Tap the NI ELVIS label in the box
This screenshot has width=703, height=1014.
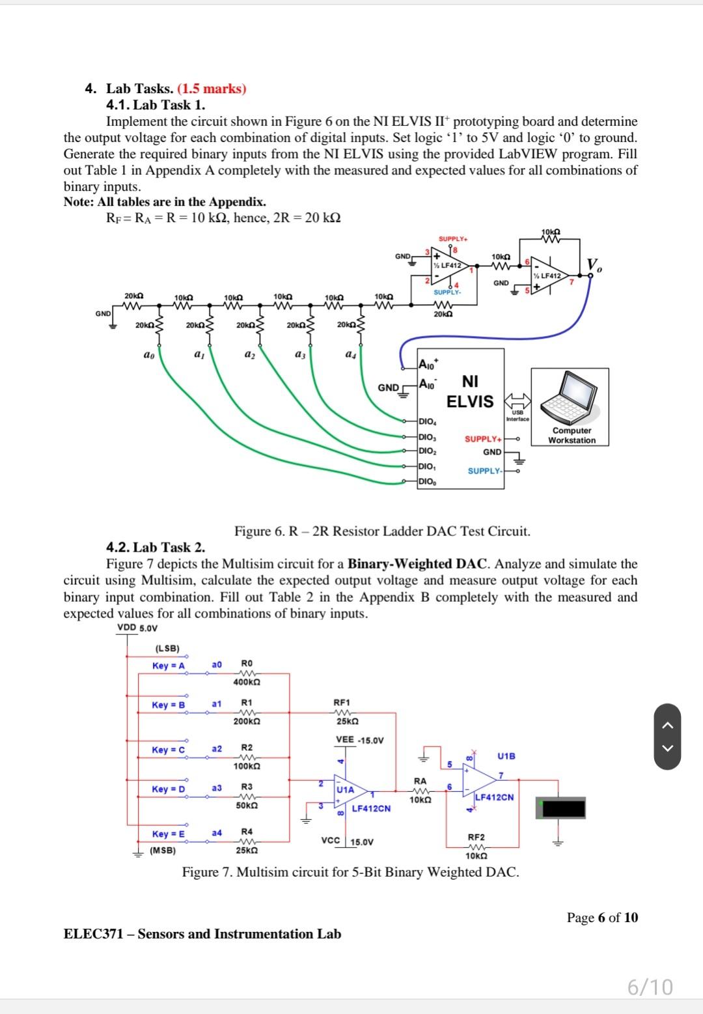(470, 391)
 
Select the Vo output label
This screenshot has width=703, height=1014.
(594, 265)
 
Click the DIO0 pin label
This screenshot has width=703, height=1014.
(427, 482)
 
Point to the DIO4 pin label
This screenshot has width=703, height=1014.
(427, 421)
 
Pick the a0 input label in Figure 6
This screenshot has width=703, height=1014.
(148, 355)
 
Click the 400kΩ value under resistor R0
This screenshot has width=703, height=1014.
(247, 682)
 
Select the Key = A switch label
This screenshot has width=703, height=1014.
(169, 666)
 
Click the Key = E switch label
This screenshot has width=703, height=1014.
(168, 834)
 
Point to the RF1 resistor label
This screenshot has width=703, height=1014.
(342, 703)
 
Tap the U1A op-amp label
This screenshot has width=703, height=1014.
(345, 789)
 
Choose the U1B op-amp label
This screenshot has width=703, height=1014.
(506, 756)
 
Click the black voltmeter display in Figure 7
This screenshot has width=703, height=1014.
(564, 808)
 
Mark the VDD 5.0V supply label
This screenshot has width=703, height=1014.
(137, 628)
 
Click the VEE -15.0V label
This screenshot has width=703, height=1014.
(359, 740)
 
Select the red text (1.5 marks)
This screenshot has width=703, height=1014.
(212, 89)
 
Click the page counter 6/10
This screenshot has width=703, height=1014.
(650, 987)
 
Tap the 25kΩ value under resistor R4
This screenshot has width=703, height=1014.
(247, 851)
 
